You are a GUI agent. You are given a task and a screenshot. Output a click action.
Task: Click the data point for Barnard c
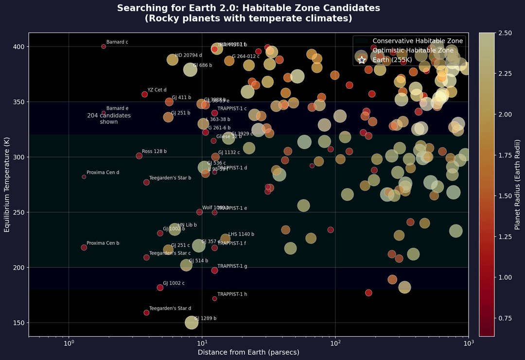tap(104, 47)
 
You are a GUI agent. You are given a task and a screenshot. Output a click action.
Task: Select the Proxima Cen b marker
tap(84, 248)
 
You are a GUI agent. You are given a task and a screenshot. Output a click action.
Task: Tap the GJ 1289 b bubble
tap(192, 322)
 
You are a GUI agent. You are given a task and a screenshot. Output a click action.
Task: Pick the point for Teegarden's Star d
tap(146, 313)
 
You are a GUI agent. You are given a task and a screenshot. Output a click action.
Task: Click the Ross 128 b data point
tap(139, 156)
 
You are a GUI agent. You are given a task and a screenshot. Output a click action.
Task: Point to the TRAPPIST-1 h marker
tap(214, 299)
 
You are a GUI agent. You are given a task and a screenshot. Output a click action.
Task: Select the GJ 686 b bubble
tap(190, 69)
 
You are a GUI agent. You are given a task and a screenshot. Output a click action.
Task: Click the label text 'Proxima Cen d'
tap(103, 172)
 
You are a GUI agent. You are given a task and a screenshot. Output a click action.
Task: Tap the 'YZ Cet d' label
tap(157, 90)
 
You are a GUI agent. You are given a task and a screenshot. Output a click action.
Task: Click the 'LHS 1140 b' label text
tap(241, 234)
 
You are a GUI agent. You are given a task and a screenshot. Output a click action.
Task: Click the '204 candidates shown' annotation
tap(109, 119)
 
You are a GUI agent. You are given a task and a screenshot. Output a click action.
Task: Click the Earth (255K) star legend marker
tap(362, 60)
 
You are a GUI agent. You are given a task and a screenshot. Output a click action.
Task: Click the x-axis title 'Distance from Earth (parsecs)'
tap(248, 352)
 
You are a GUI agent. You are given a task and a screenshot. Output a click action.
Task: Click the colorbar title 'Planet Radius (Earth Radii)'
tap(518, 185)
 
